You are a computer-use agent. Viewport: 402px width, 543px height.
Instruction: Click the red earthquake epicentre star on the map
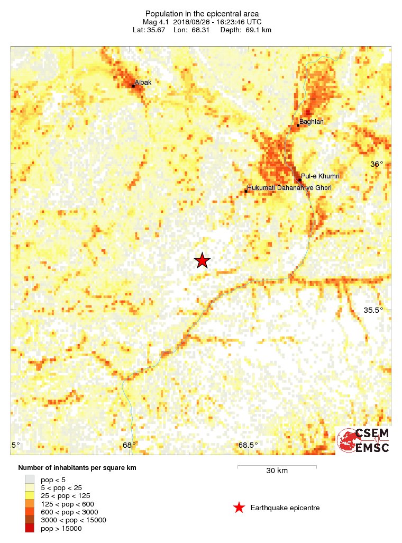tap(202, 260)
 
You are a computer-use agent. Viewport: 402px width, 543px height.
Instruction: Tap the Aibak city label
tap(143, 83)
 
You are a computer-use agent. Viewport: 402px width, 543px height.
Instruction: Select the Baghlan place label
tap(312, 122)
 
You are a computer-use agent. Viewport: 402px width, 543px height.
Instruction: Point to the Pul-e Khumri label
tap(320, 176)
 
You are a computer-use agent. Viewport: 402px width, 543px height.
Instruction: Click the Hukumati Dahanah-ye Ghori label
tap(290, 187)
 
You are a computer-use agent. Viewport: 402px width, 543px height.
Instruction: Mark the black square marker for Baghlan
tap(298, 125)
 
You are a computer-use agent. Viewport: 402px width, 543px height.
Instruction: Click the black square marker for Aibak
tap(133, 85)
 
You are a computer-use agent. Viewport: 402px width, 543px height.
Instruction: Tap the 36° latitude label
tap(376, 164)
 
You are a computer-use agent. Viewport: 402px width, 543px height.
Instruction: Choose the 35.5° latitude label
tap(373, 310)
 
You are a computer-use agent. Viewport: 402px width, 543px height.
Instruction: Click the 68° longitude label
tap(130, 445)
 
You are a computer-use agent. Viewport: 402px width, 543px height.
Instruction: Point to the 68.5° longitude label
tap(248, 445)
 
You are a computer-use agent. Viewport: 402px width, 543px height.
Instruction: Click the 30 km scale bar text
tap(277, 470)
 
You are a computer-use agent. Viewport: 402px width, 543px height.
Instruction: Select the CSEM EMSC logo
tap(363, 440)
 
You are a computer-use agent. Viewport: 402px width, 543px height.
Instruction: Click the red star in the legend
tap(239, 508)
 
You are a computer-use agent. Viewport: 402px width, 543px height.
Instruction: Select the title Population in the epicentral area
tap(202, 14)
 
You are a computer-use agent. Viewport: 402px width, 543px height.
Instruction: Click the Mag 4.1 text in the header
tap(154, 22)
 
